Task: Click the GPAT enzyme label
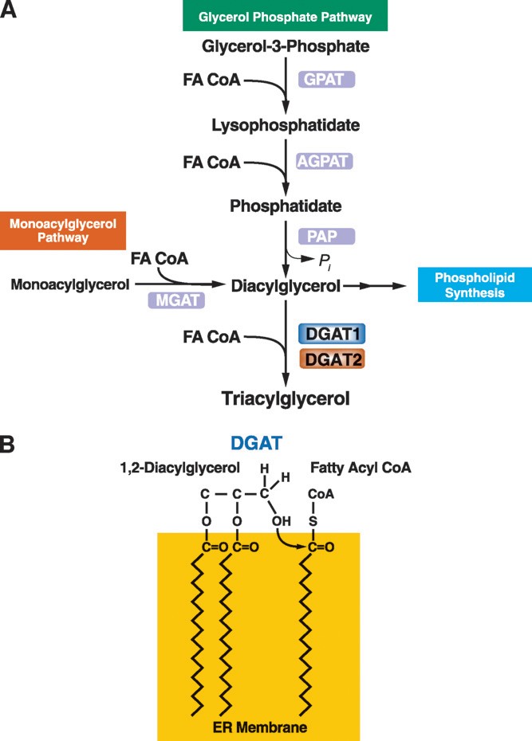tap(325, 80)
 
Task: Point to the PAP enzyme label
tap(325, 237)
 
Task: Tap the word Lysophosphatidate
tap(286, 125)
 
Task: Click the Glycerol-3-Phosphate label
tap(286, 47)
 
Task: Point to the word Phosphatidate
tap(286, 206)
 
